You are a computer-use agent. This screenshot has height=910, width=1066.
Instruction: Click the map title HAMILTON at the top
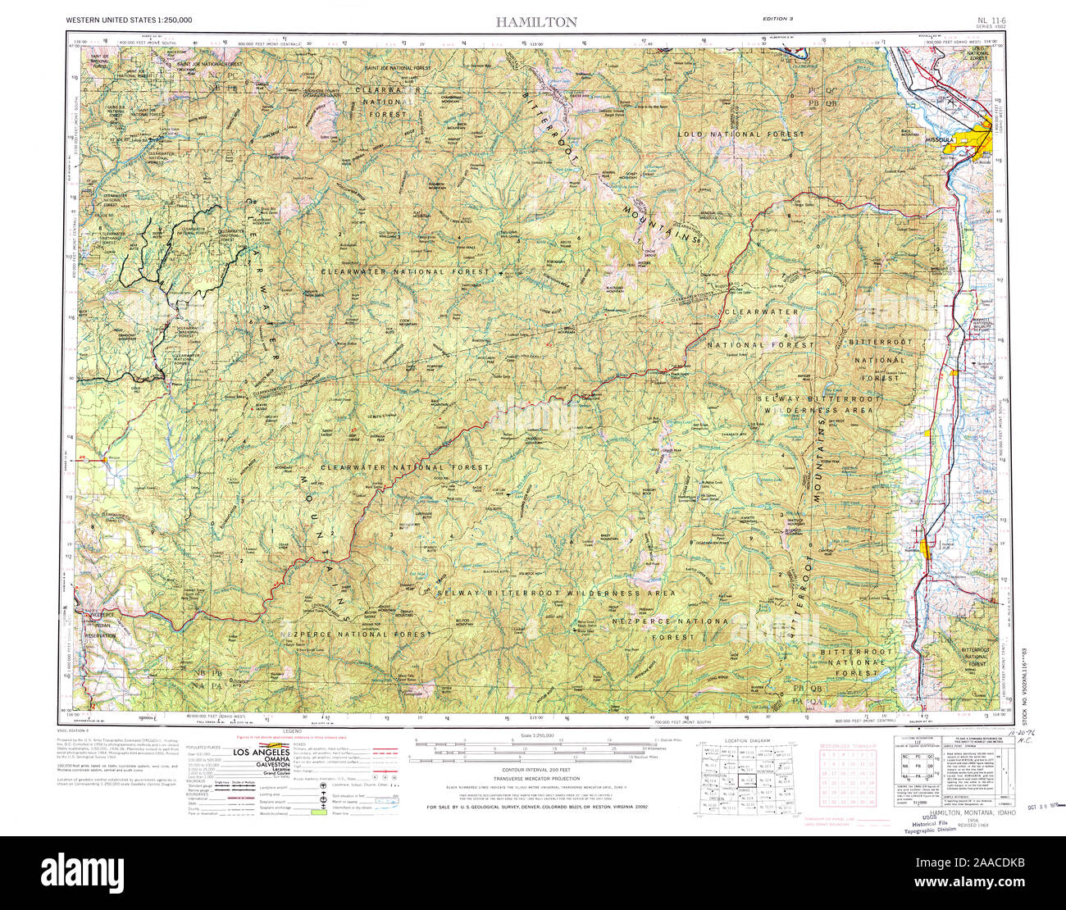536,21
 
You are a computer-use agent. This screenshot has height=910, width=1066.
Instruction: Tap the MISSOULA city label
939,139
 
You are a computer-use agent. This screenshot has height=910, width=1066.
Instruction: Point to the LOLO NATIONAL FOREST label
741,133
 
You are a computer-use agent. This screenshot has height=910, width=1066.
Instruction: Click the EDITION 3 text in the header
778,17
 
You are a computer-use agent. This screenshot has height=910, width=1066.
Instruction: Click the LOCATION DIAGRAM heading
748,740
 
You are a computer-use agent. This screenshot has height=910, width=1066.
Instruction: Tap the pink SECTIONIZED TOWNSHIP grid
848,779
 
